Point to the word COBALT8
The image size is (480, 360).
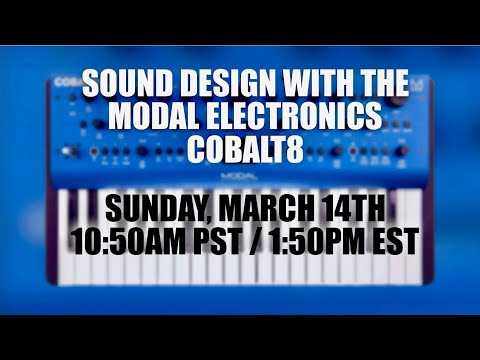pyautogui.click(x=240, y=148)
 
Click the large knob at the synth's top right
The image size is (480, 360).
pyautogui.click(x=401, y=99)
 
